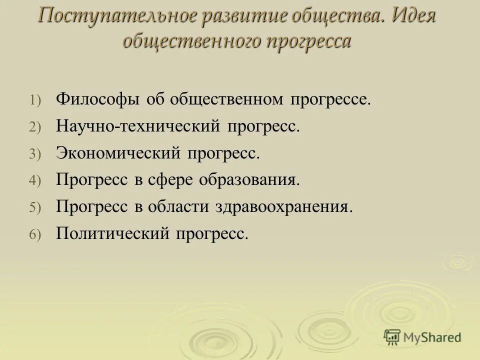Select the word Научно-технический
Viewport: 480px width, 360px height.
tap(138, 126)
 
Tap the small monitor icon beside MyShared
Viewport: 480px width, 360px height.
tap(392, 337)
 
